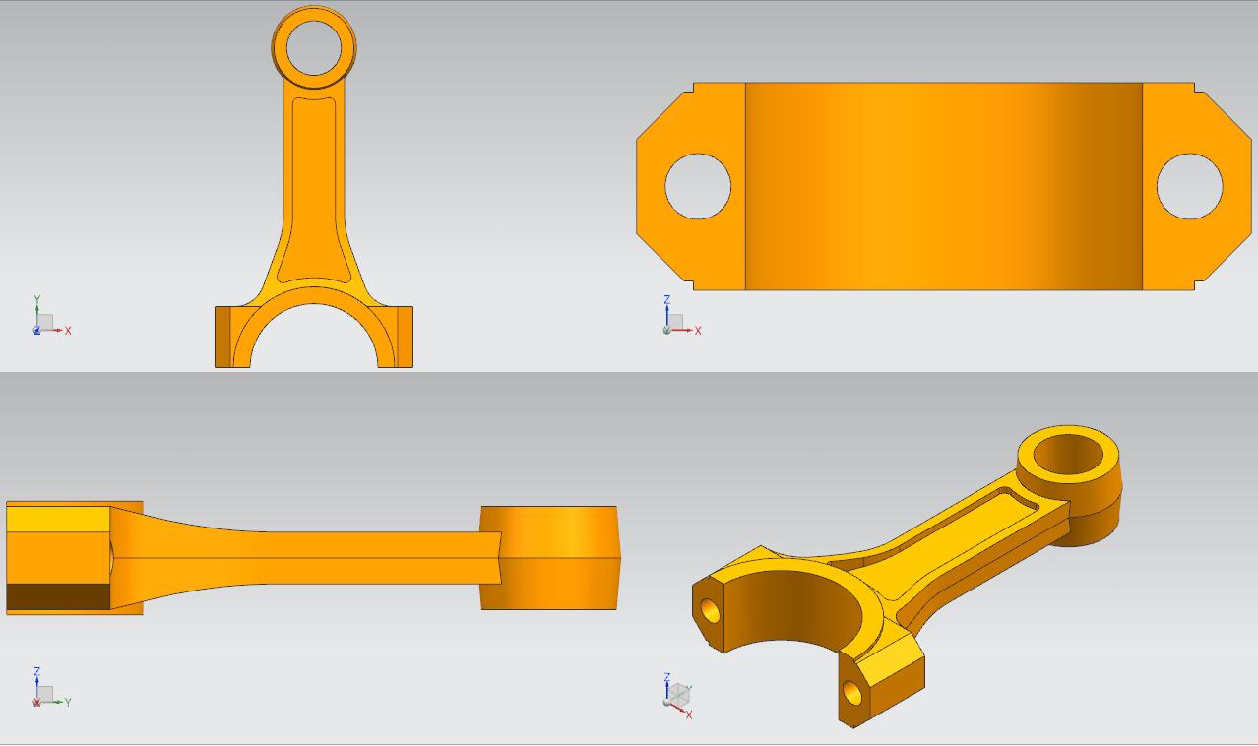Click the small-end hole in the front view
tap(314, 47)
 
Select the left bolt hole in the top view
tap(698, 186)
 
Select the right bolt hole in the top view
tap(1189, 186)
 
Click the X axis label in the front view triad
tap(68, 331)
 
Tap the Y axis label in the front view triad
tap(37, 299)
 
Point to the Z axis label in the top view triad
tap(667, 299)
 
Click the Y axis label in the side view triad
tap(68, 703)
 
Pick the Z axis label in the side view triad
tap(37, 671)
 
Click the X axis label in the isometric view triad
tap(689, 715)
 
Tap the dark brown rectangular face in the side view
tap(58, 596)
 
